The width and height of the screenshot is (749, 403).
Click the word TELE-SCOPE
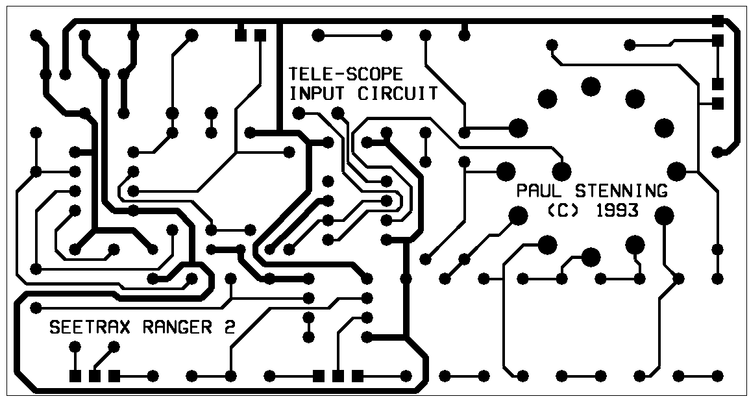(345, 74)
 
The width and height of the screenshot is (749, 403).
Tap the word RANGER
(184, 327)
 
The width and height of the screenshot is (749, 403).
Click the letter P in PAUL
(522, 191)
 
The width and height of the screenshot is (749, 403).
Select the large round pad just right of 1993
(663, 214)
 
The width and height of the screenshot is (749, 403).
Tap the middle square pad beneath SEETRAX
(95, 376)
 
